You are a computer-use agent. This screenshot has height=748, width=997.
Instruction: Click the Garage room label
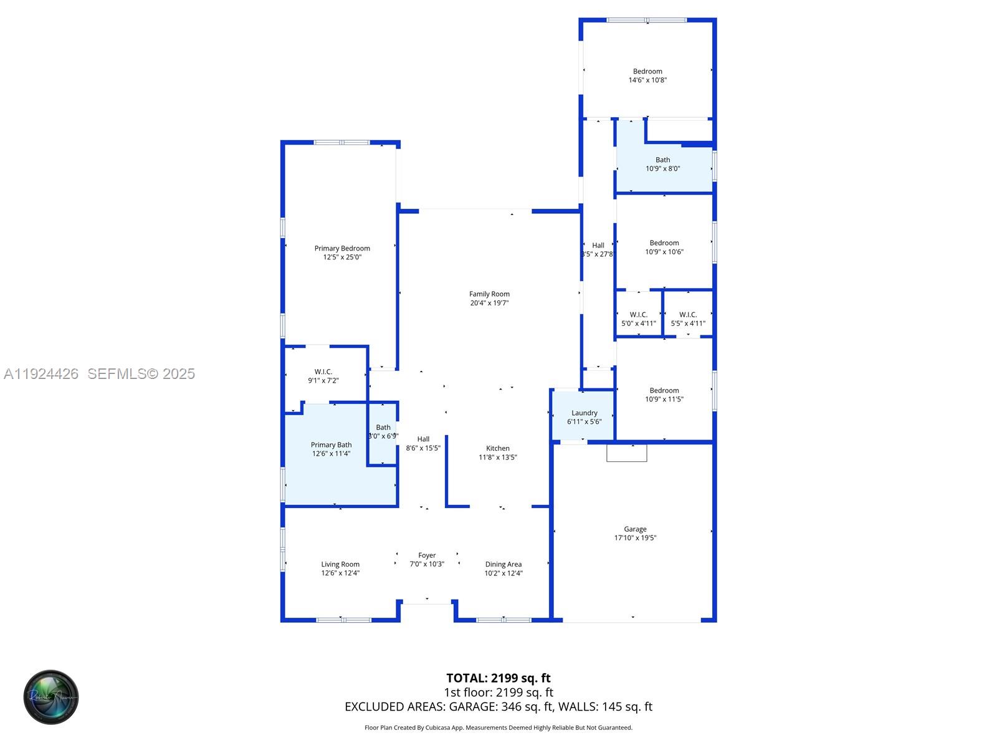tap(635, 529)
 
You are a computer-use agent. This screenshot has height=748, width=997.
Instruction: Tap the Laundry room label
tap(584, 413)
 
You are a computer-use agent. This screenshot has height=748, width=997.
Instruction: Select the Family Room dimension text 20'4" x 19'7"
tap(489, 303)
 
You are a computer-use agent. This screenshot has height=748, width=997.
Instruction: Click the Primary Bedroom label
tap(342, 249)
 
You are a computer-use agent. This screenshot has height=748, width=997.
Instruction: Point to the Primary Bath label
tap(331, 445)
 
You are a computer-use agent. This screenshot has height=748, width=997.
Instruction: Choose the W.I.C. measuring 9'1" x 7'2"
tap(323, 376)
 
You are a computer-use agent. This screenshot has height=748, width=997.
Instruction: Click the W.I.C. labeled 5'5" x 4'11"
tap(688, 319)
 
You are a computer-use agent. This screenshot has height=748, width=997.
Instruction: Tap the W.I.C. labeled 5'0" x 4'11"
tap(638, 319)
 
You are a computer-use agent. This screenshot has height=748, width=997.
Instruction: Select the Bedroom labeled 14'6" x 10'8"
tap(647, 75)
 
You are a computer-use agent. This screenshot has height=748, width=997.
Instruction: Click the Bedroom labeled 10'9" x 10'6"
tap(664, 247)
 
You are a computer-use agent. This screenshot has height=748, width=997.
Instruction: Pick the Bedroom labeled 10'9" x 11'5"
tap(664, 395)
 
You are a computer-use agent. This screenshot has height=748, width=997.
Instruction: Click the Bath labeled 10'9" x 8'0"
tap(662, 164)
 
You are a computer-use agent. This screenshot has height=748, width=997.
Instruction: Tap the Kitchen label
tap(498, 449)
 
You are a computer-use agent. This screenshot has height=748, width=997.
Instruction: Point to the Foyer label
tap(427, 555)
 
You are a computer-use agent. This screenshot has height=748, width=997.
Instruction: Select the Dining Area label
tap(503, 565)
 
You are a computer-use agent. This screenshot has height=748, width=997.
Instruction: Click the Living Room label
tap(340, 565)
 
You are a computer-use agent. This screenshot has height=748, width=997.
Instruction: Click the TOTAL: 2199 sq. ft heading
tap(498, 678)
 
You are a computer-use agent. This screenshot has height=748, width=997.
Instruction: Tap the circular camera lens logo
tap(51, 697)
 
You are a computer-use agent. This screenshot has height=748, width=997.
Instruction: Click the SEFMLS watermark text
tap(141, 373)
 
